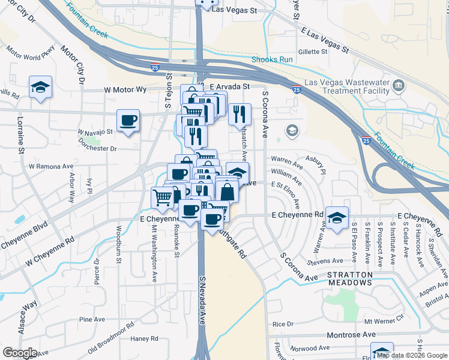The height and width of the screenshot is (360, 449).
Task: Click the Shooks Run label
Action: pos(272,59)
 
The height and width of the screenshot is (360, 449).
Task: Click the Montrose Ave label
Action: pos(351,334)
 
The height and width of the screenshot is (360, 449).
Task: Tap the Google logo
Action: pos(20,353)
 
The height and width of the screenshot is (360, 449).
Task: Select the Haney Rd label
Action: pos(144,338)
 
